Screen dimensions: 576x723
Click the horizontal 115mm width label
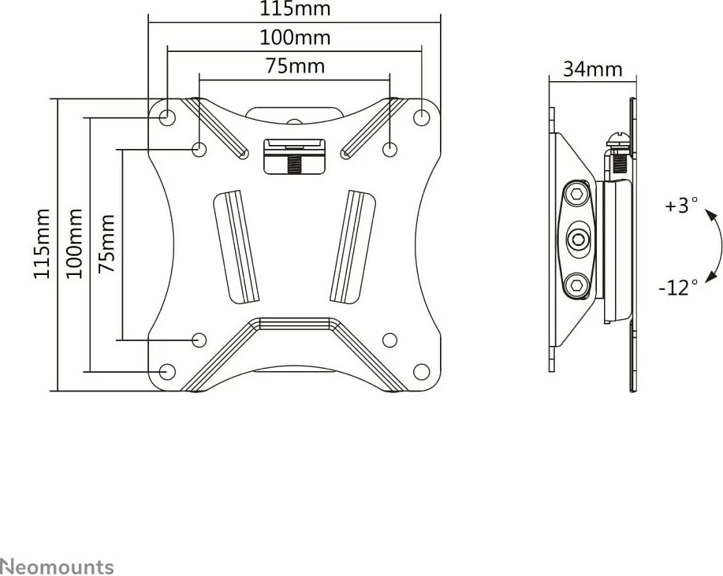tap(295, 9)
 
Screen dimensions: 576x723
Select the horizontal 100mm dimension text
tap(295, 38)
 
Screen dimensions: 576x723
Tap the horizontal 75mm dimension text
tap(295, 66)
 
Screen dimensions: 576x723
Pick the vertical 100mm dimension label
tap(74, 243)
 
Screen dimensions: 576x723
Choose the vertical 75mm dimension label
tap(106, 243)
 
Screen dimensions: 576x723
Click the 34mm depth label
tap(592, 69)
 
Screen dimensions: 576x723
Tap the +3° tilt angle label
tap(681, 206)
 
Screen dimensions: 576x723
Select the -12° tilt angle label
tap(678, 288)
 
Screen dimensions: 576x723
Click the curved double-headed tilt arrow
tap(716, 246)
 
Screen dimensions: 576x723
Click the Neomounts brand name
tap(57, 567)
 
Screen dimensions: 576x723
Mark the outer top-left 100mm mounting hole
tap(167, 117)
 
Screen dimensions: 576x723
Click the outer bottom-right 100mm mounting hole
tap(422, 371)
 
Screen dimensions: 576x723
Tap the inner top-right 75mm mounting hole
tap(389, 148)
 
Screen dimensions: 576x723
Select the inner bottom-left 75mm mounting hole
tap(199, 340)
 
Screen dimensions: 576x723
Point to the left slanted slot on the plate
tap(237, 246)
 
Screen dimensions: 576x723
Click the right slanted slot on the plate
tap(352, 246)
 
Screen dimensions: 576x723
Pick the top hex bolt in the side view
tap(577, 194)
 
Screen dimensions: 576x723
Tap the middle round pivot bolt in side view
tap(577, 238)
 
